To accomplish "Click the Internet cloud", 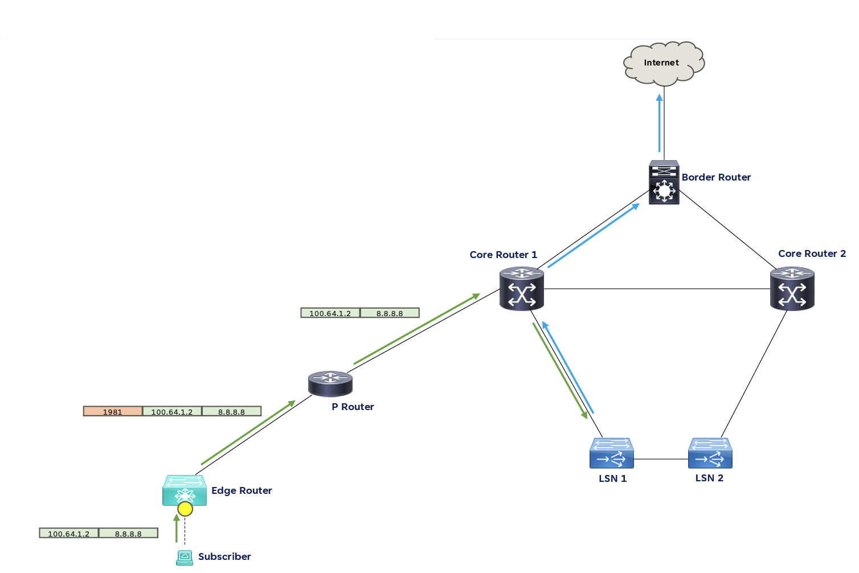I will (664, 63).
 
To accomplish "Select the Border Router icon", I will (664, 182).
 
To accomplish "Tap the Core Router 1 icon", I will (521, 289).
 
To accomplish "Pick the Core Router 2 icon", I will (792, 289).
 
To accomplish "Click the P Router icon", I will (330, 383).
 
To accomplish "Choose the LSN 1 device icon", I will (612, 453).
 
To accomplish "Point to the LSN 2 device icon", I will (710, 453).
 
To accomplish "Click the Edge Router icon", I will (184, 490).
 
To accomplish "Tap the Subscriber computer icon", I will (184, 557).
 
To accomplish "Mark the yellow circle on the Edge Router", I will (185, 509).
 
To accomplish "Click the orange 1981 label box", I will (113, 411).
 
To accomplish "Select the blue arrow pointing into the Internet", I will (660, 122).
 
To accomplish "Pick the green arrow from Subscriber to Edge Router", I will (177, 529).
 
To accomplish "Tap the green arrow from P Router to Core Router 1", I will (416, 329).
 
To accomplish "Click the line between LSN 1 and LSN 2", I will (661, 459).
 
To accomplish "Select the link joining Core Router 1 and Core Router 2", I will (655, 289).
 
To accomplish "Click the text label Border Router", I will (716, 177).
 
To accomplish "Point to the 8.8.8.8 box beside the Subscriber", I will (128, 534).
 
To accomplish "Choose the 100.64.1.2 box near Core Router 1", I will (330, 313).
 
